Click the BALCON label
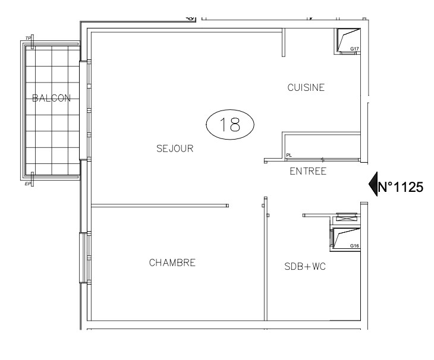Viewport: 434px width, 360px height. click(x=51, y=99)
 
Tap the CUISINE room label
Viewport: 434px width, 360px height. click(x=306, y=87)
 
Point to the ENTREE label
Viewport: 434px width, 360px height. click(x=307, y=172)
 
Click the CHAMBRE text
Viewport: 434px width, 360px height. click(x=172, y=263)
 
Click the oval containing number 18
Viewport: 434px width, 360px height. click(x=229, y=124)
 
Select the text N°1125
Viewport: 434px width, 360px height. click(x=401, y=188)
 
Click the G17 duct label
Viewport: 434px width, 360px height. click(x=354, y=49)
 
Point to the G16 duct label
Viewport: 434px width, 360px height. click(x=354, y=246)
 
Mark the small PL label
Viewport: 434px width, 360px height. click(x=289, y=156)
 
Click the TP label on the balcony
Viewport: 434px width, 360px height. click(x=28, y=39)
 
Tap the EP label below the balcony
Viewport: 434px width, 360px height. click(x=28, y=184)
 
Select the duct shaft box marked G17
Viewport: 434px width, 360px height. click(x=347, y=39)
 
